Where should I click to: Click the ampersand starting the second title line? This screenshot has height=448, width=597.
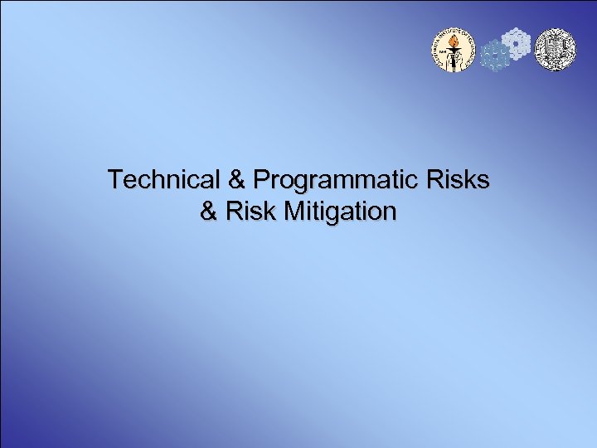coord(209,212)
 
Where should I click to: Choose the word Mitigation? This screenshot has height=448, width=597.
coord(339,212)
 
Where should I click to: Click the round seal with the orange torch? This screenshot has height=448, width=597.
coord(453,50)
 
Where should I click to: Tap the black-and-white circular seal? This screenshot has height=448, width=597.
coord(554,50)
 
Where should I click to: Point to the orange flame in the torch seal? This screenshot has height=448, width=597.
coord(453,39)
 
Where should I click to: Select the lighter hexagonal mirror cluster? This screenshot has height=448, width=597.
coord(517,43)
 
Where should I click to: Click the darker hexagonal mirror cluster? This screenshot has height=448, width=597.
coord(496,56)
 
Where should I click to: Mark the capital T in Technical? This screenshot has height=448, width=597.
coord(114,179)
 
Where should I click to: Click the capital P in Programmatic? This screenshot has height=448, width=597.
coord(261,179)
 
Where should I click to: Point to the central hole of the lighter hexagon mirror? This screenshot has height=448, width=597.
coord(517,43)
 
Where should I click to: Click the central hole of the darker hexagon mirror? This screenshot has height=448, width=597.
coord(496,56)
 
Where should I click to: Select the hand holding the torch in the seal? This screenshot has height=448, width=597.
coord(453,51)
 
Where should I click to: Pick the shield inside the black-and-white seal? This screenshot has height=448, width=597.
coord(554,49)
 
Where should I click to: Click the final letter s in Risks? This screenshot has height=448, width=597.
coord(483,180)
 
